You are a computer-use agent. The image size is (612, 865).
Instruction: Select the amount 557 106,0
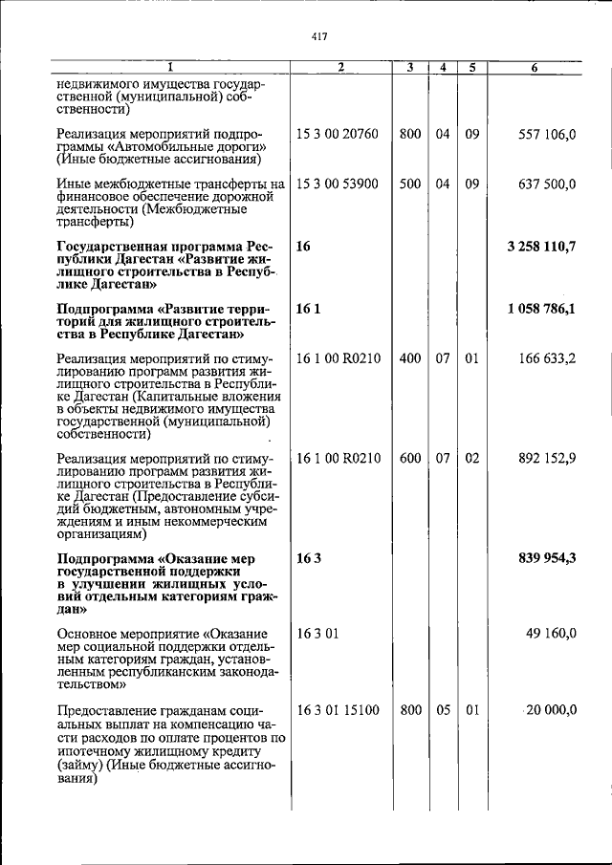pos(545,135)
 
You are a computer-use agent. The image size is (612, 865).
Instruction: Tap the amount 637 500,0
pos(545,184)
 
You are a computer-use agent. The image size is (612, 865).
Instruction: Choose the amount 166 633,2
pos(545,358)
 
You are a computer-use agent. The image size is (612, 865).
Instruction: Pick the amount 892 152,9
pos(545,458)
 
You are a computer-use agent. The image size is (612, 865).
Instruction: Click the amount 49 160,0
pos(550,633)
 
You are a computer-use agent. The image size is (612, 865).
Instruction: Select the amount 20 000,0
pos(549,709)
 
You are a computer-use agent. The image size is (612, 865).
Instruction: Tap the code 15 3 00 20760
pos(339,135)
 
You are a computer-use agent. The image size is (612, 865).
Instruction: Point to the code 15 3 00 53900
pos(339,184)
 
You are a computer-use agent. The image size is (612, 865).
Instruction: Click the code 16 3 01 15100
pos(339,709)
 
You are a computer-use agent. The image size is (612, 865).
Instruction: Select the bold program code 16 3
pos(308,558)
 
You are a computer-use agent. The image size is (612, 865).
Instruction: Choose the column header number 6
pos(534,68)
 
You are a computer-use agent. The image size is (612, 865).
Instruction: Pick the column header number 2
pos(340,68)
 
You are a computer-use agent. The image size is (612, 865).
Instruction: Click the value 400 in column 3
pos(410,358)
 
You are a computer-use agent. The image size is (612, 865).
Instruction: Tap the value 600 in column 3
pos(410,458)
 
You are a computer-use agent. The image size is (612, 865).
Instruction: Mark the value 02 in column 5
pos(471,458)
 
